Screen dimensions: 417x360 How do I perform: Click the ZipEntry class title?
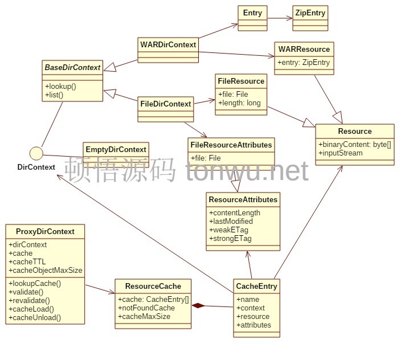pyautogui.click(x=310, y=13)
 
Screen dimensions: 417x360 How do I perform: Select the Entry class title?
pyautogui.click(x=252, y=13)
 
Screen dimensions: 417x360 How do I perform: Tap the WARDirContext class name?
pyautogui.click(x=168, y=44)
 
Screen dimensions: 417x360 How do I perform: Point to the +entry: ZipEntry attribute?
pyautogui.click(x=304, y=62)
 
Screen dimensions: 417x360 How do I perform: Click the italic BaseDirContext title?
pyautogui.click(x=72, y=67)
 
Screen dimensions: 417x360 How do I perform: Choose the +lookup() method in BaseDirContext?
pyautogui.click(x=60, y=86)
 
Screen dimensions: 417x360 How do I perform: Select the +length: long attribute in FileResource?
pyautogui.click(x=239, y=103)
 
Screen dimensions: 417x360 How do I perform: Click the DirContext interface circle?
pyautogui.click(x=36, y=153)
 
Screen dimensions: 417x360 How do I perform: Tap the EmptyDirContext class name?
pyautogui.click(x=116, y=149)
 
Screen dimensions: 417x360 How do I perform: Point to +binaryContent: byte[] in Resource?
pyautogui.click(x=355, y=144)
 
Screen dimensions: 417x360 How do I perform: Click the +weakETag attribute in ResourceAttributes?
pyautogui.click(x=228, y=230)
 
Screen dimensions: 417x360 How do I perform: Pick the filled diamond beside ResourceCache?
pyautogui.click(x=198, y=305)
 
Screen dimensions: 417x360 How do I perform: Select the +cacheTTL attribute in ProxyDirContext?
pyautogui.click(x=27, y=261)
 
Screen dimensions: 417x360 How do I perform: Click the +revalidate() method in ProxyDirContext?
pyautogui.click(x=29, y=300)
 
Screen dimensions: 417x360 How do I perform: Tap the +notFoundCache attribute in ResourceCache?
pyautogui.click(x=146, y=308)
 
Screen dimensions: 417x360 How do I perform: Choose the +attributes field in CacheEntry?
pyautogui.click(x=254, y=325)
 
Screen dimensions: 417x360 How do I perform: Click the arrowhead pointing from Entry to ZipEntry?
pyautogui.click(x=289, y=18)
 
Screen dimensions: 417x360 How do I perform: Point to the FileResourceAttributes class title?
pyautogui.click(x=231, y=145)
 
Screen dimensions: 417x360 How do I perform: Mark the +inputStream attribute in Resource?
pyautogui.click(x=341, y=153)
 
